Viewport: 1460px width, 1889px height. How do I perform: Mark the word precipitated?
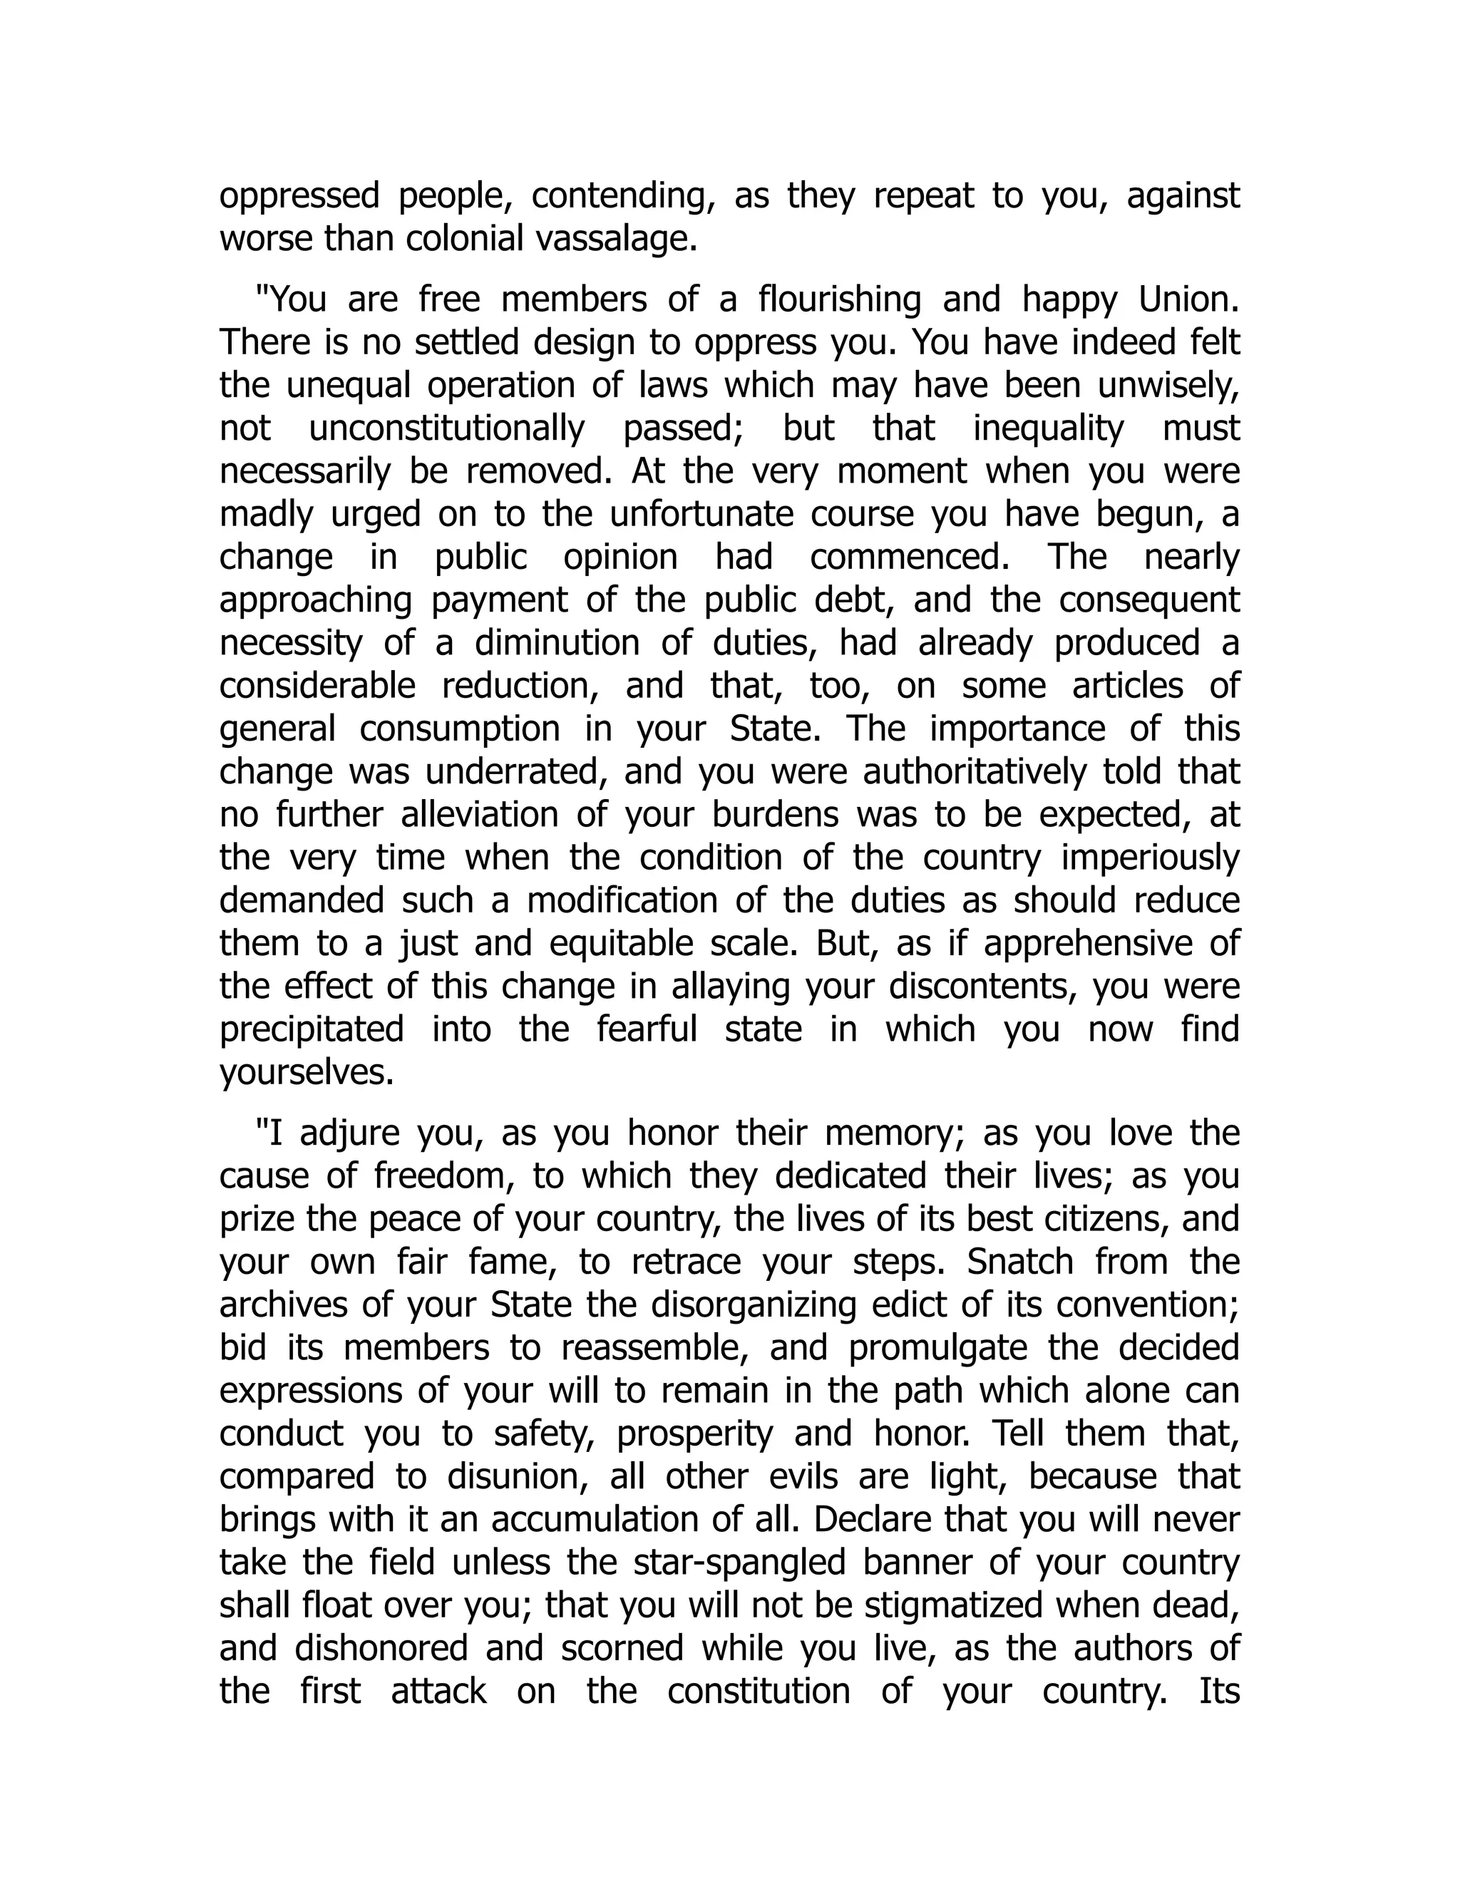(x=312, y=1030)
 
